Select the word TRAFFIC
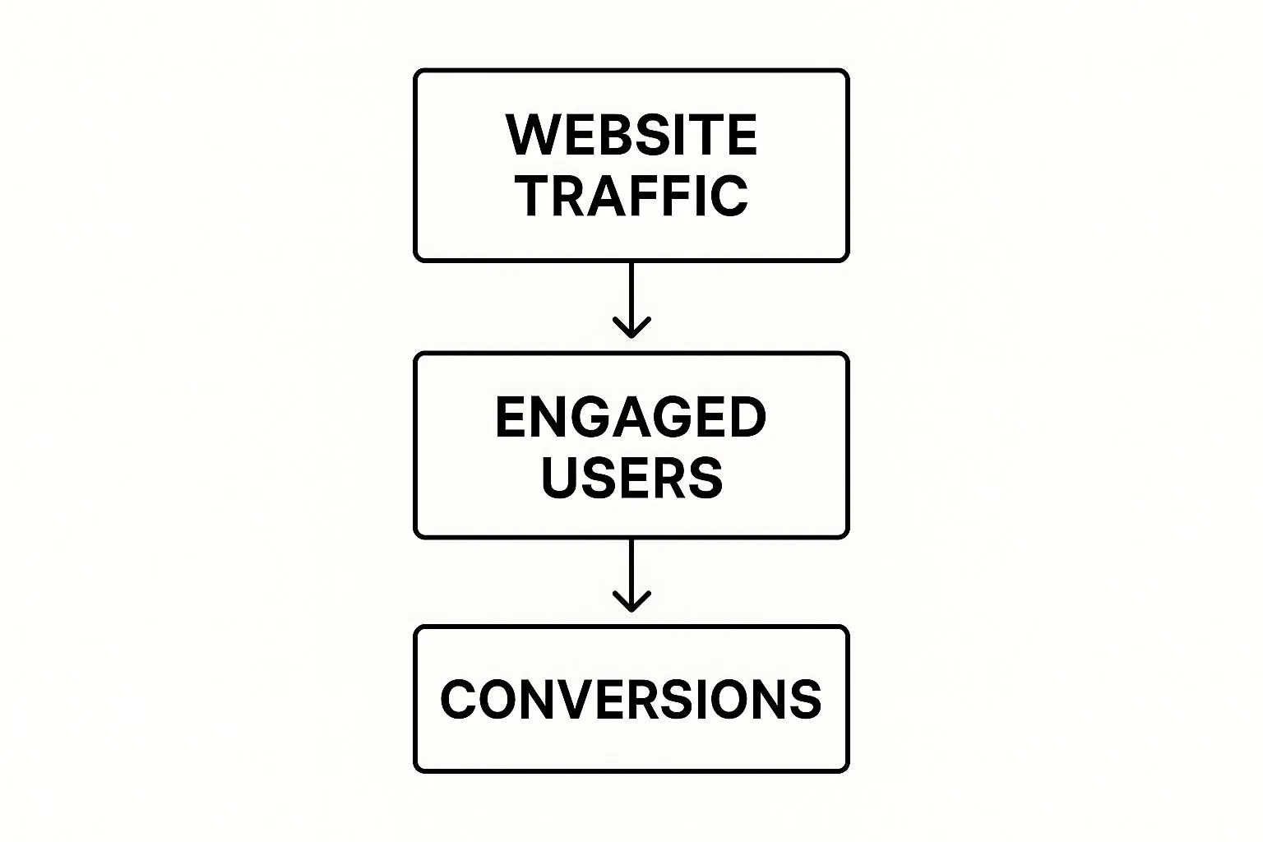(632, 195)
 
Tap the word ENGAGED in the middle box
(631, 417)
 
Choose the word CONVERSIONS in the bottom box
(631, 699)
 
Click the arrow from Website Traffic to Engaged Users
(631, 299)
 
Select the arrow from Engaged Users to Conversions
(631, 576)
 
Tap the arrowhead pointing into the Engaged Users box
(631, 327)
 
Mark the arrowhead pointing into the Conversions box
(631, 601)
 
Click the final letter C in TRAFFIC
(729, 196)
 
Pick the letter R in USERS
(668, 478)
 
